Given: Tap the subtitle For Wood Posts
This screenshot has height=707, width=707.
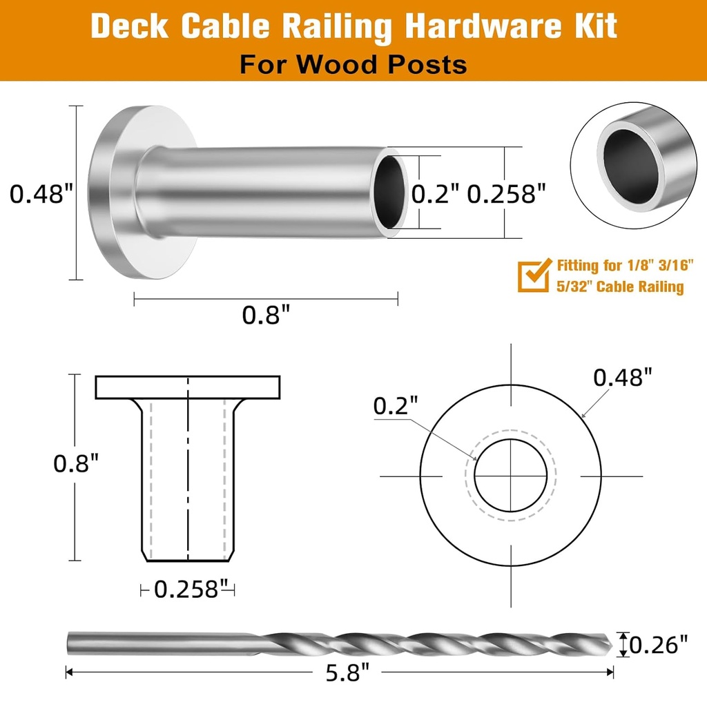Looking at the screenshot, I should (x=353, y=64).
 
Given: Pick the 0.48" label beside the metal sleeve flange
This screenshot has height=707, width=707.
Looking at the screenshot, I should (x=41, y=195).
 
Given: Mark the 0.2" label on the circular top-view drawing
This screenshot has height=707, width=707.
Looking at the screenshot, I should (x=396, y=407).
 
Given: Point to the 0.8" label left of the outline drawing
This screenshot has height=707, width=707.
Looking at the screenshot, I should (x=77, y=463).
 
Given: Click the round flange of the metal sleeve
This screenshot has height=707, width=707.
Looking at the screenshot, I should (x=110, y=193).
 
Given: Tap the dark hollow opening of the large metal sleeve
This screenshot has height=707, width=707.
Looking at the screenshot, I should (x=390, y=193).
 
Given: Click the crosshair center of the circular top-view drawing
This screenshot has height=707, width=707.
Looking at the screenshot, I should (x=511, y=476).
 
